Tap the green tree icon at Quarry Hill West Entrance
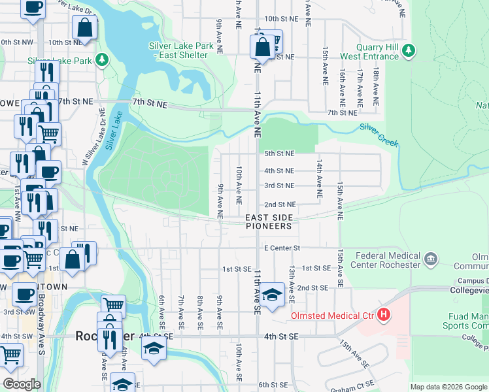point(409,50)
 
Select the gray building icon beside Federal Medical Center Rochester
point(430,259)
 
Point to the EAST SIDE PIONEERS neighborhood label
point(268,221)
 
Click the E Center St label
point(282,248)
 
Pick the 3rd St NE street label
point(279,186)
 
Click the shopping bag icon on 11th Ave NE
point(261,47)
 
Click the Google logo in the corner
point(22,384)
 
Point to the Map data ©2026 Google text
point(448,387)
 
